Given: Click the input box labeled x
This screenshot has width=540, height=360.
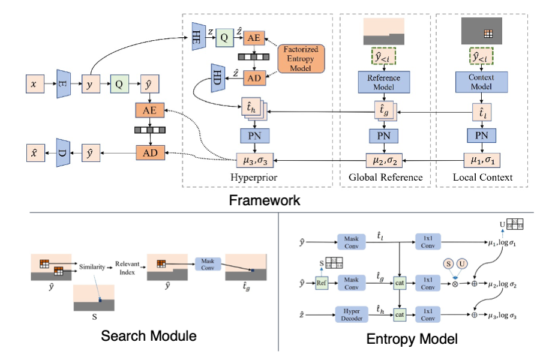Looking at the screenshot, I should [34, 85].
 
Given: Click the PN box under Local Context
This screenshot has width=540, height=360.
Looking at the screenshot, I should [481, 135].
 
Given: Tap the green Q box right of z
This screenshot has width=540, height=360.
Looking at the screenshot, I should [224, 37].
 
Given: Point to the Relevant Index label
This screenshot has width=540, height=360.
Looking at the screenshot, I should [127, 266].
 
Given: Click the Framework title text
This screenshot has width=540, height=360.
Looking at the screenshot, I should [265, 200].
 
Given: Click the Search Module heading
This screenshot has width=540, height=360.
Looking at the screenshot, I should [149, 336].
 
